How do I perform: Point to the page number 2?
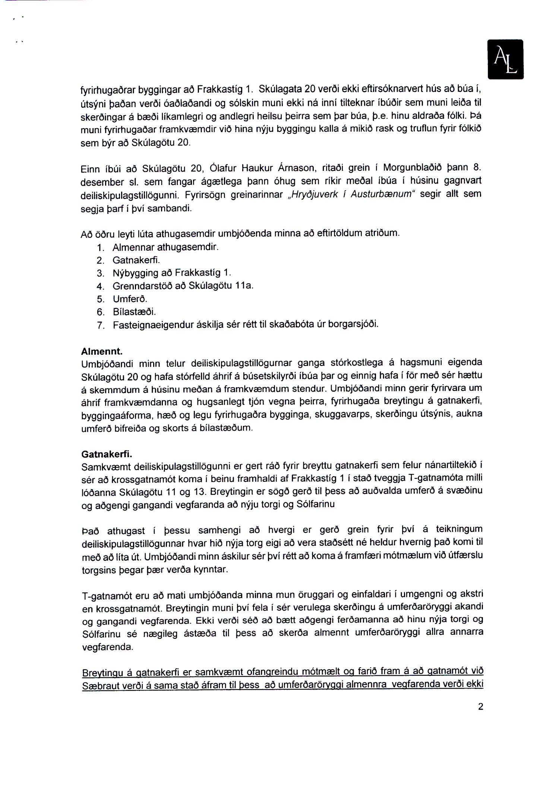coord(480,706)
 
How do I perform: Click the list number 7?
coord(100,325)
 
